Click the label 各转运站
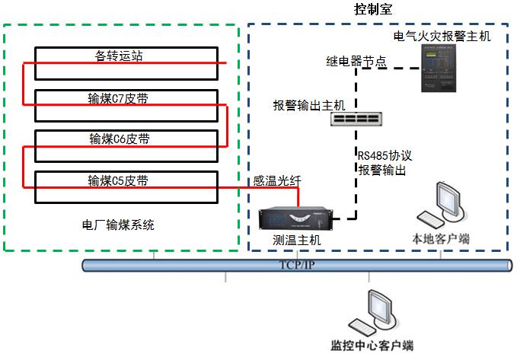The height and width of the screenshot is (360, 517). [119, 56]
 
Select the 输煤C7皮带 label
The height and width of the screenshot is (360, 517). [119, 97]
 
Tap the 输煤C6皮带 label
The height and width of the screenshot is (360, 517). [119, 139]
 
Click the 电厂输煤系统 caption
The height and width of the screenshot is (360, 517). [118, 225]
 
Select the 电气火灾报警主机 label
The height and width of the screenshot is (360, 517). [442, 36]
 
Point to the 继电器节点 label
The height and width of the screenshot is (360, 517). [356, 61]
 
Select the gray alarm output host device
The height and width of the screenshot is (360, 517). [361, 119]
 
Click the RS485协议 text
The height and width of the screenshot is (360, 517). [385, 156]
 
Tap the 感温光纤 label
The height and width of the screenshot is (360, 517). [277, 180]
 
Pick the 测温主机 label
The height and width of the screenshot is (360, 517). [297, 240]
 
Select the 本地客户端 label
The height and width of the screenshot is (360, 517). [441, 239]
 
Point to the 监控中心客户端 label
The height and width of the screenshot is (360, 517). [372, 346]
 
